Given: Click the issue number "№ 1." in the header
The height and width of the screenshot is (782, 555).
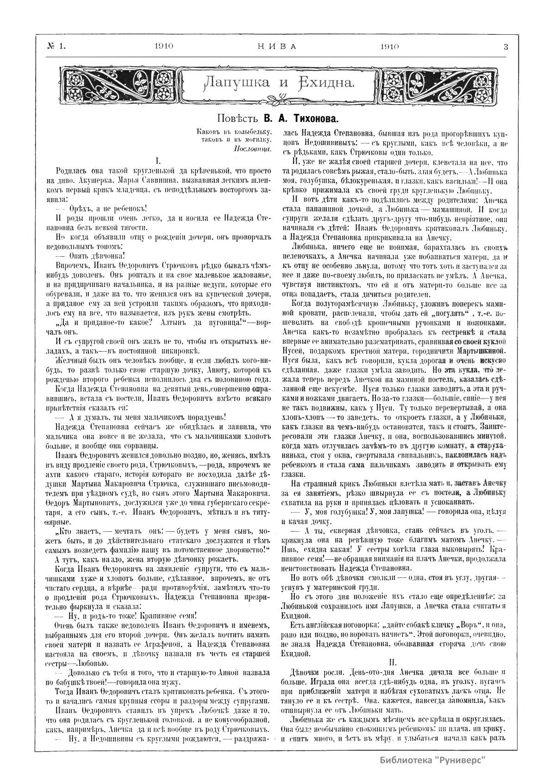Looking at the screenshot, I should pos(56,46).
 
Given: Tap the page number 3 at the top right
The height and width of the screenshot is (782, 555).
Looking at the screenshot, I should pos(505,46).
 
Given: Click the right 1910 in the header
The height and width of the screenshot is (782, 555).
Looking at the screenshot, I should pos(389,46).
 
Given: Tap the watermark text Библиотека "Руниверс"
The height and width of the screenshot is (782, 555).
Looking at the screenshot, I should pos(433,760).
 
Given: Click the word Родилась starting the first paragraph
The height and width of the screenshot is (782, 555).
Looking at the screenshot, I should pos(70,171).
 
